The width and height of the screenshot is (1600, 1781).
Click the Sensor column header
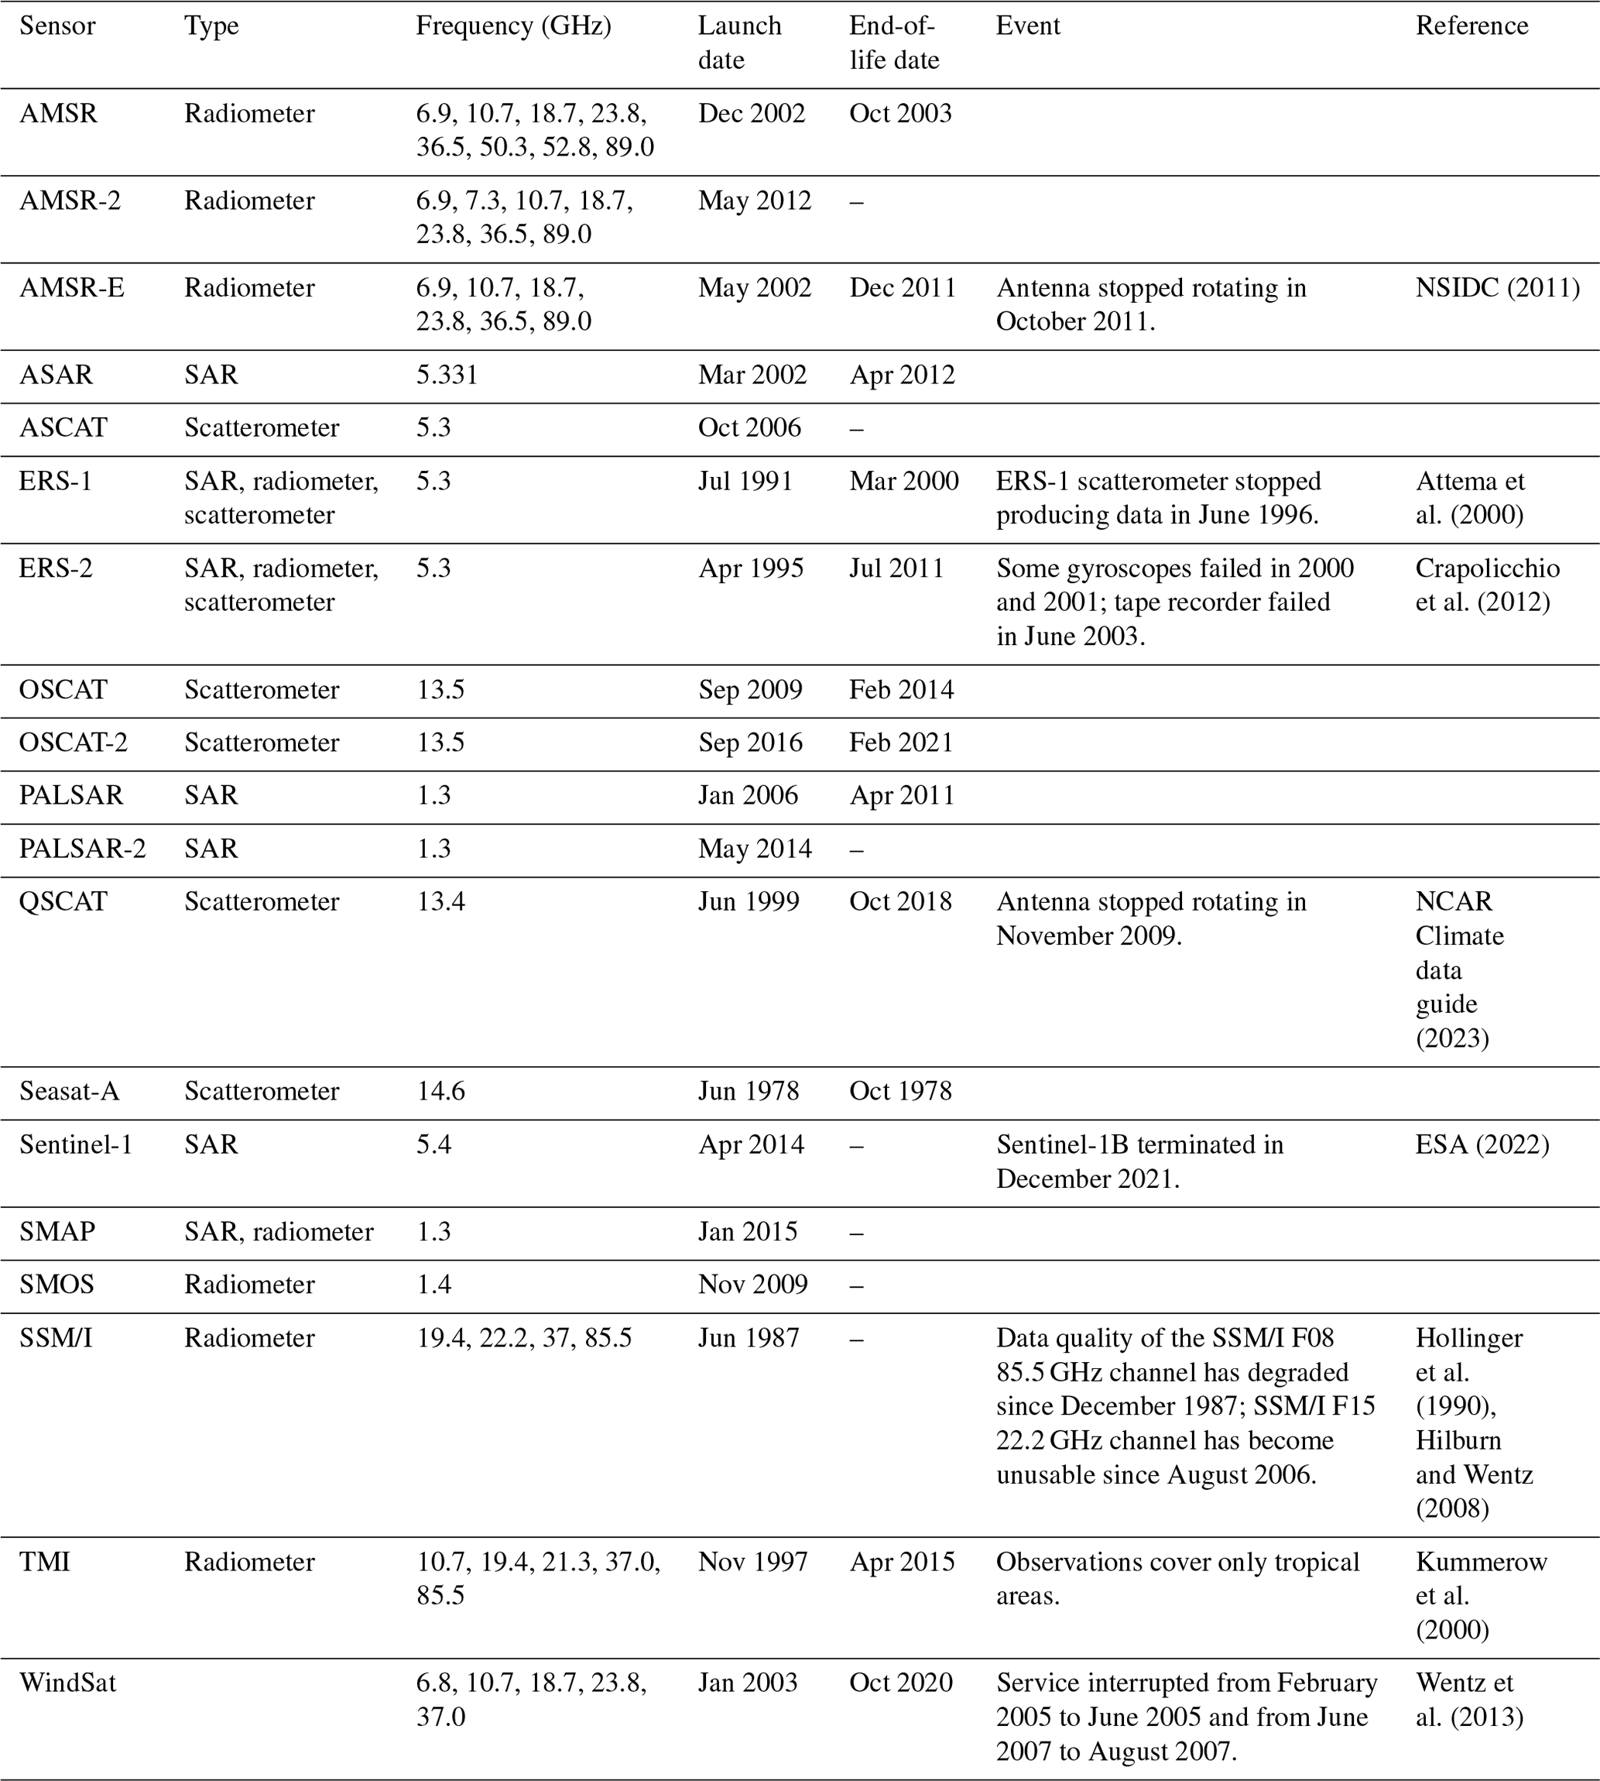click(57, 26)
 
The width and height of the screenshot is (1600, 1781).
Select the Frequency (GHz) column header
click(512, 26)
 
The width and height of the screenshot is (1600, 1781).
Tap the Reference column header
click(1471, 26)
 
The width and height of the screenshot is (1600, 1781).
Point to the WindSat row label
click(67, 1683)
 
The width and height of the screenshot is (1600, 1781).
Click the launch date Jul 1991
click(745, 481)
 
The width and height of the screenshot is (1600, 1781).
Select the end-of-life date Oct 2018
click(899, 901)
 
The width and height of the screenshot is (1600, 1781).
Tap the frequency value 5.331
click(447, 376)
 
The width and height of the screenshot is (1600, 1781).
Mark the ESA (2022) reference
click(1482, 1144)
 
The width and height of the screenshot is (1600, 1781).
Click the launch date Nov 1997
click(752, 1562)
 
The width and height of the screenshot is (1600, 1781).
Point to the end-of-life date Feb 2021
click(900, 743)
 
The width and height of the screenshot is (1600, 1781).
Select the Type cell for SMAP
click(278, 1231)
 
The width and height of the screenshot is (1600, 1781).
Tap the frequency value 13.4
click(440, 901)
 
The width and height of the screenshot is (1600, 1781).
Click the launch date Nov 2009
click(752, 1284)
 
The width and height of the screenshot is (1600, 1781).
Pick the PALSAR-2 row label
click(82, 849)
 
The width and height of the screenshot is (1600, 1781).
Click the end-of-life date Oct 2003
click(899, 114)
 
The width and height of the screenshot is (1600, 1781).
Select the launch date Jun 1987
click(748, 1338)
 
